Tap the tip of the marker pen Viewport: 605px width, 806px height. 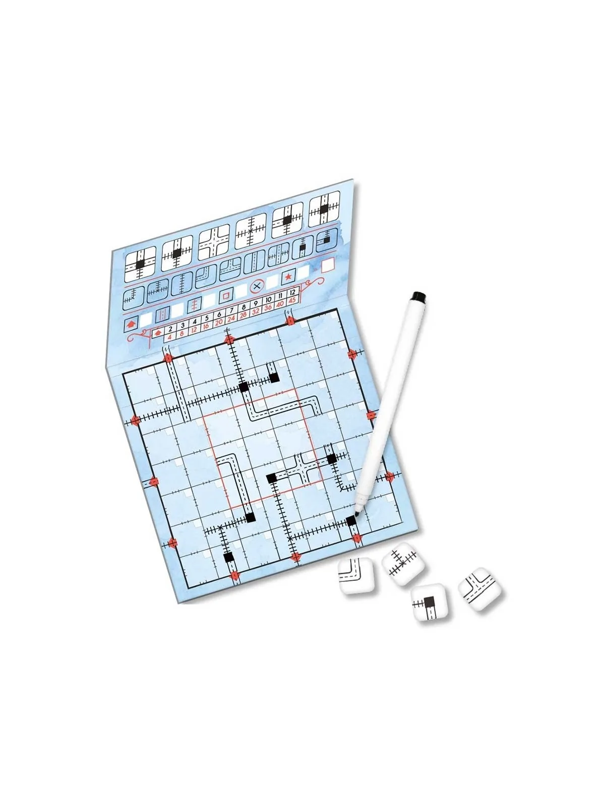[356, 511]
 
